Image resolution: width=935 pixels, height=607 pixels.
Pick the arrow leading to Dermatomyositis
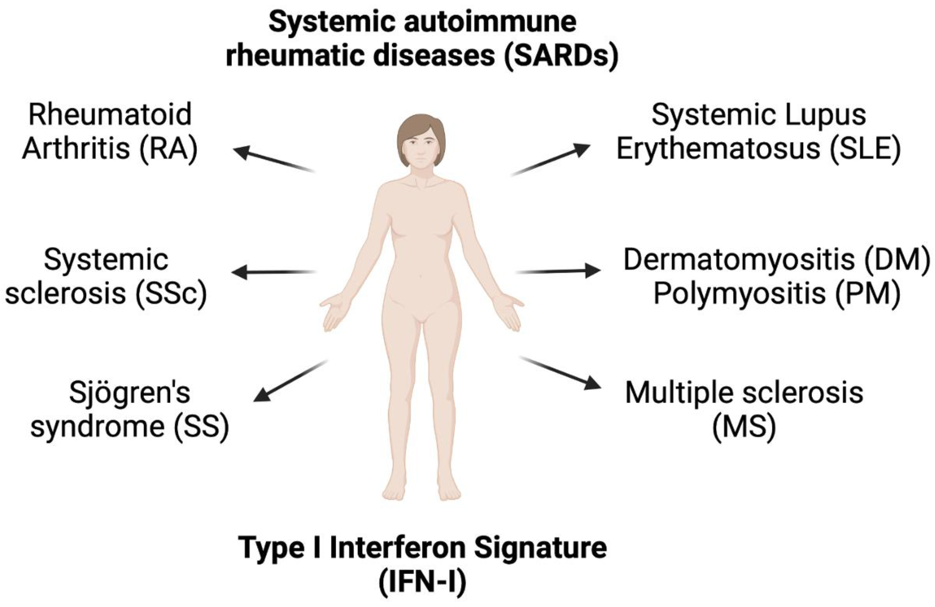[558, 271]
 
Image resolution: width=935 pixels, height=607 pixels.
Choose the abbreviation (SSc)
[170, 293]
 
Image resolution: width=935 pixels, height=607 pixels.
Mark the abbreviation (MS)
[744, 427]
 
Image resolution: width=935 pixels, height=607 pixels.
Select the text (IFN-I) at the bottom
[422, 581]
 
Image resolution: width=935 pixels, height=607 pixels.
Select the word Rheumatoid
[110, 115]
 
